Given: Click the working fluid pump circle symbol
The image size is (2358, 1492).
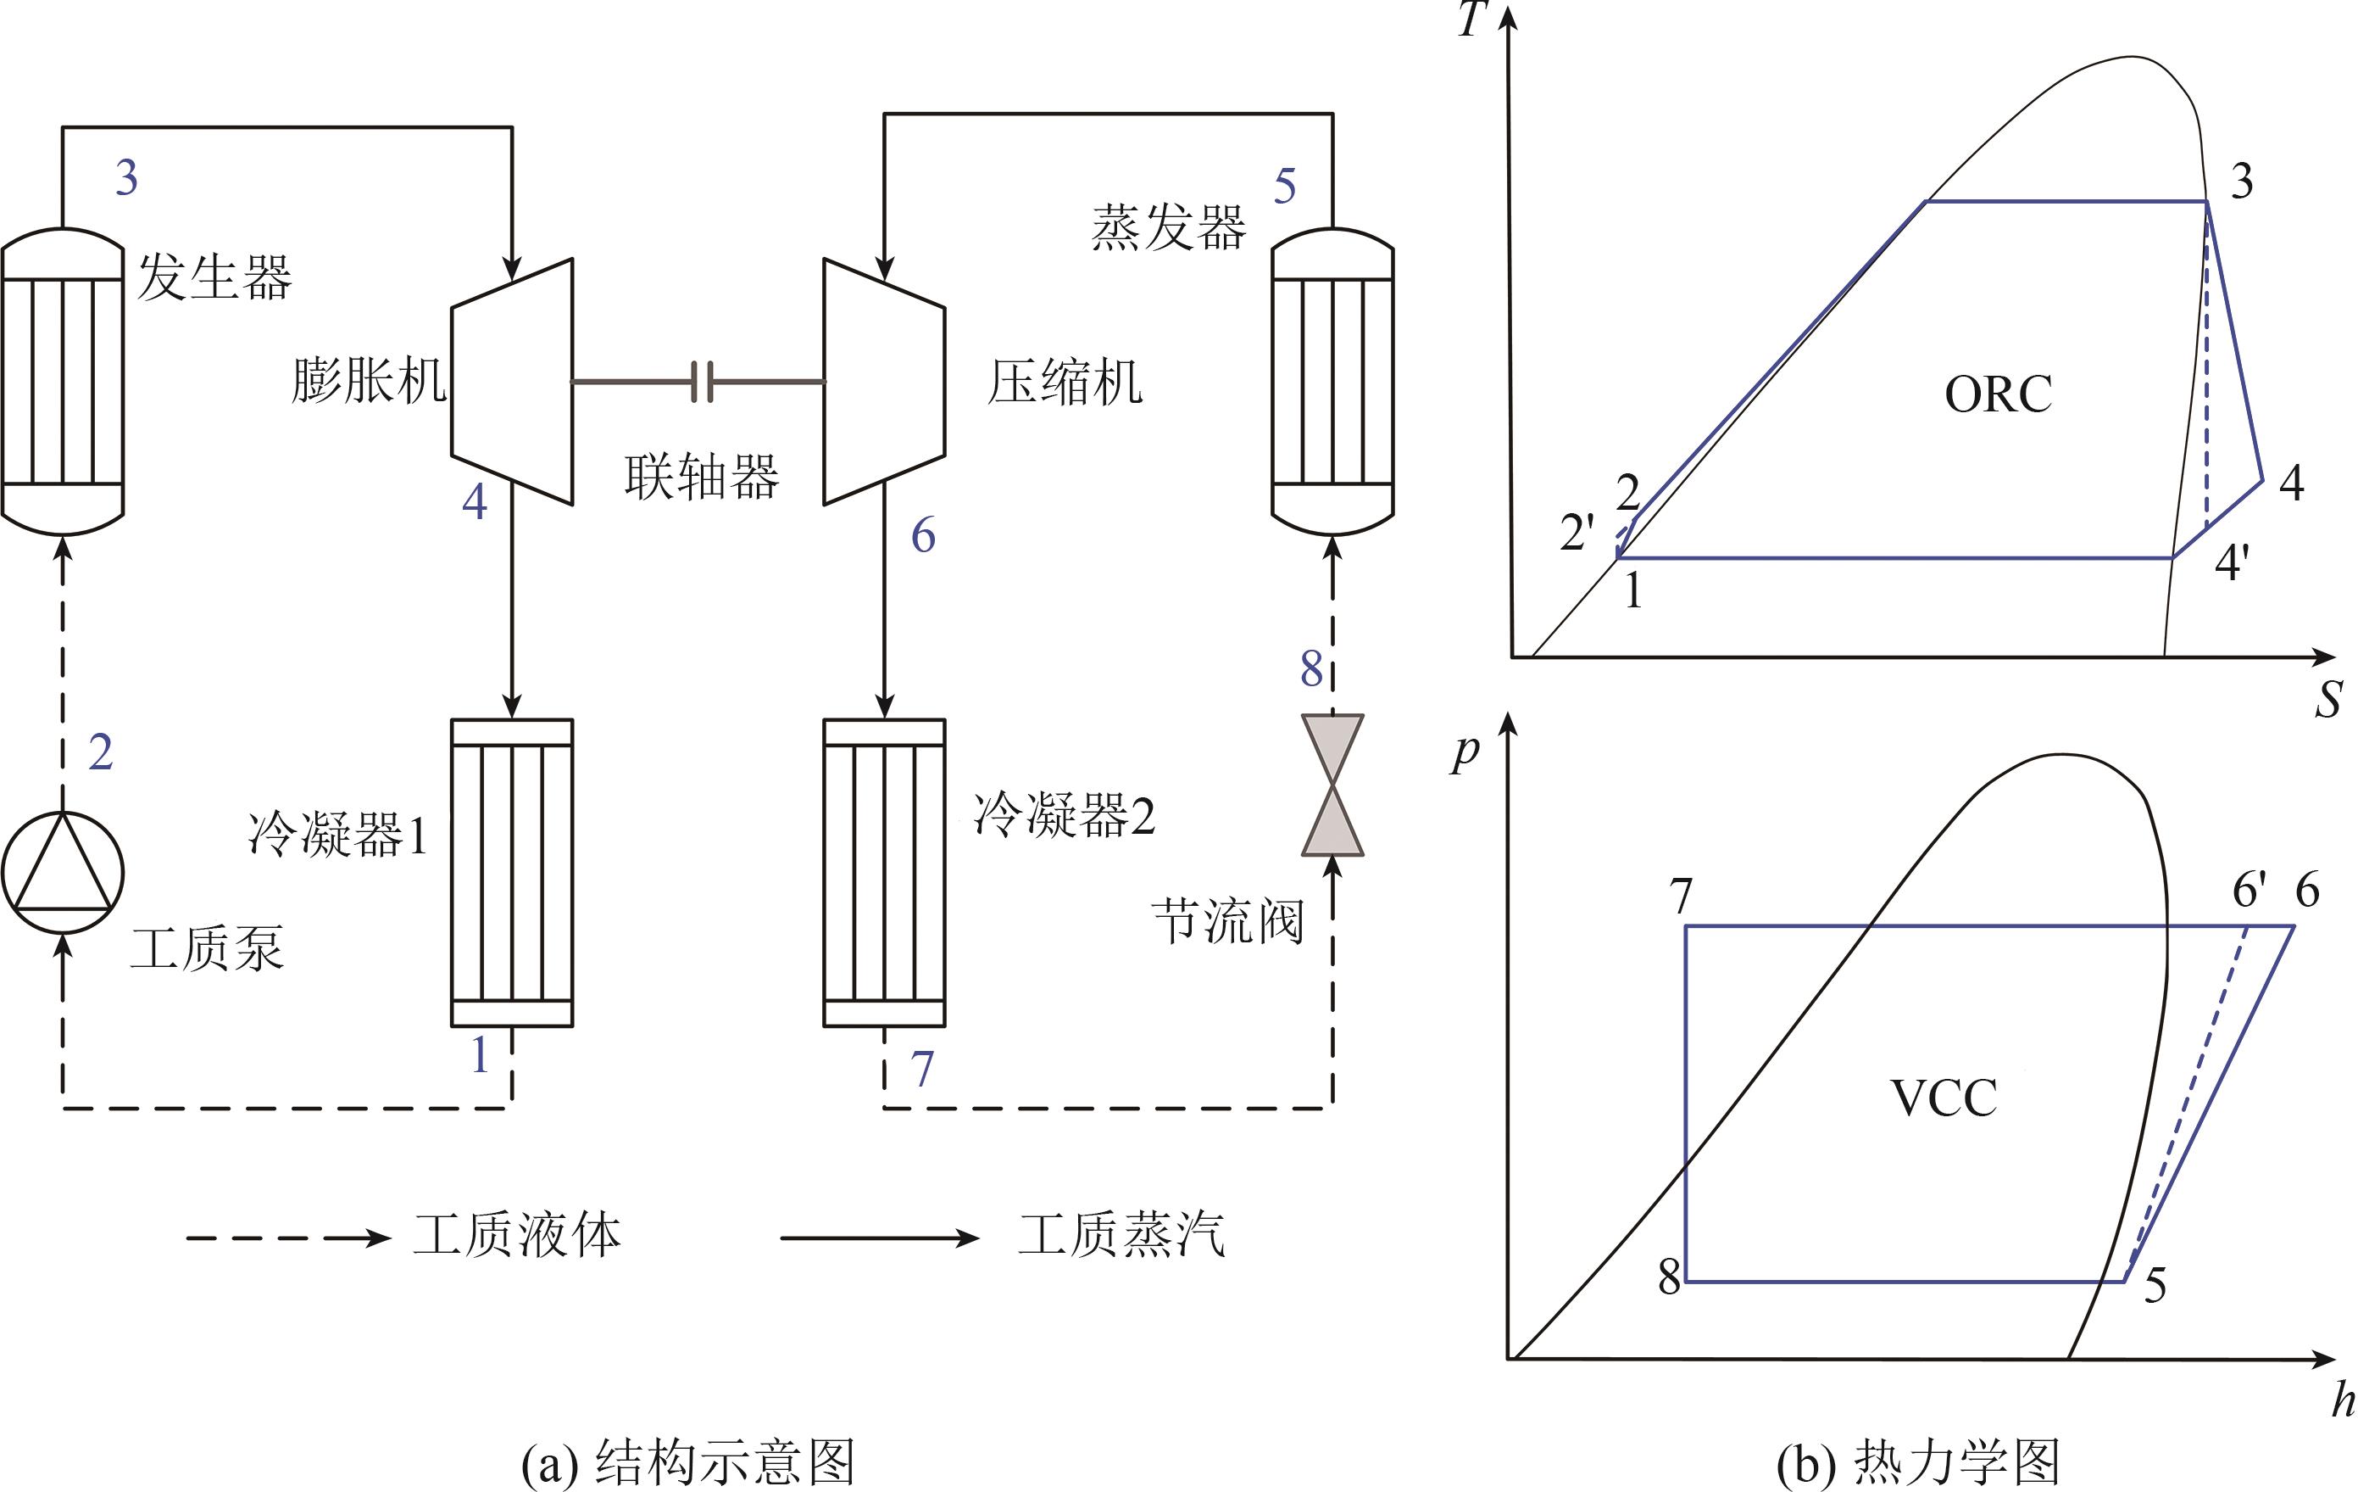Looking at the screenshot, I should (63, 872).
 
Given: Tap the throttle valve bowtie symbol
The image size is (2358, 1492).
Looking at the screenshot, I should (1332, 785).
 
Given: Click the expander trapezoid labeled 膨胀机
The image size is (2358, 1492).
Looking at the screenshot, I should (512, 382).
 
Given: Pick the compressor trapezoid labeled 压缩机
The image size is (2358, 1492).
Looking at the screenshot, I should (884, 382).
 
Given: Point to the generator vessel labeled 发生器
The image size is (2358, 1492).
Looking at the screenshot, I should (63, 381).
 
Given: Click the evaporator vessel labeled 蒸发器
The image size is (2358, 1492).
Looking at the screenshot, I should (1332, 381).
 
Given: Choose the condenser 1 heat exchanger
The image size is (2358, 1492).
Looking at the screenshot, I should (512, 873).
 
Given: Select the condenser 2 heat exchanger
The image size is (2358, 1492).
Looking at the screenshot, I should (884, 873).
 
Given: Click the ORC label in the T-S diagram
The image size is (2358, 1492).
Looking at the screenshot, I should (1998, 394).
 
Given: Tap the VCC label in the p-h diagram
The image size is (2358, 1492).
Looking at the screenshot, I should (1944, 1098).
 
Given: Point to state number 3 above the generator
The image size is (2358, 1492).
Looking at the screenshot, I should (126, 178).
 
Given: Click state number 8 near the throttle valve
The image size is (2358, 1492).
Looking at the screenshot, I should (1311, 670).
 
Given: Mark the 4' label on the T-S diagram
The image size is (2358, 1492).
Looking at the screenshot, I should (2233, 563).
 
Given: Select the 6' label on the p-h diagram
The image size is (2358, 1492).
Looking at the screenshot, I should (2250, 891).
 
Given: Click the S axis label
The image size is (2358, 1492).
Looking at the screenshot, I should (2328, 701).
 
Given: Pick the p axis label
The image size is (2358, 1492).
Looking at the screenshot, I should (1465, 752).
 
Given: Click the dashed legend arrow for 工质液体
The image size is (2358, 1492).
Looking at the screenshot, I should (288, 1238).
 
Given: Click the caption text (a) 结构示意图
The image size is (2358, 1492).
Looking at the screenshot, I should (688, 1462).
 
